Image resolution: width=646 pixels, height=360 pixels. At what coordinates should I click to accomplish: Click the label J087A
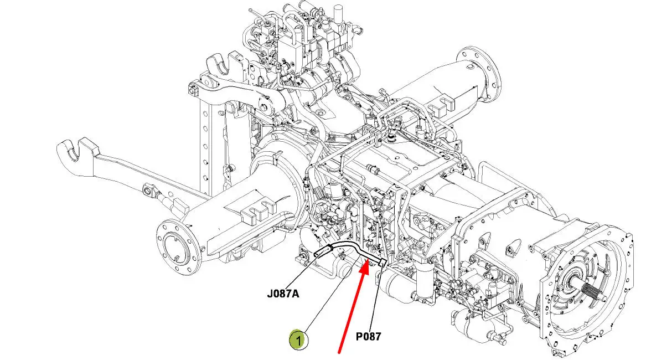tap(283, 294)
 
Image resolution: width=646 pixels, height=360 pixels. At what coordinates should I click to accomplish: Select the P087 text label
tap(368, 337)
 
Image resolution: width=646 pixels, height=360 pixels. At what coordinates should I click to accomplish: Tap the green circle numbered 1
tap(298, 340)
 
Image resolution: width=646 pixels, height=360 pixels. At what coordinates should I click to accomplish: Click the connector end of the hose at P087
tap(381, 263)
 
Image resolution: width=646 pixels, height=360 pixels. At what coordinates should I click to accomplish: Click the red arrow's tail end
tap(339, 353)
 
